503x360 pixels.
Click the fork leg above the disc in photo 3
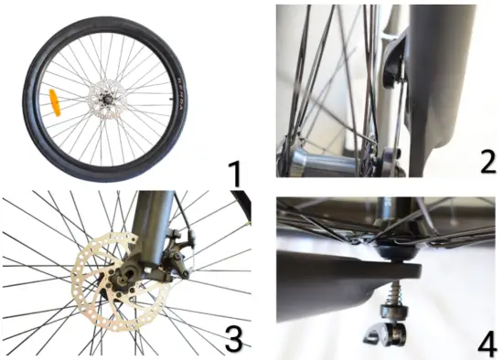153,219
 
